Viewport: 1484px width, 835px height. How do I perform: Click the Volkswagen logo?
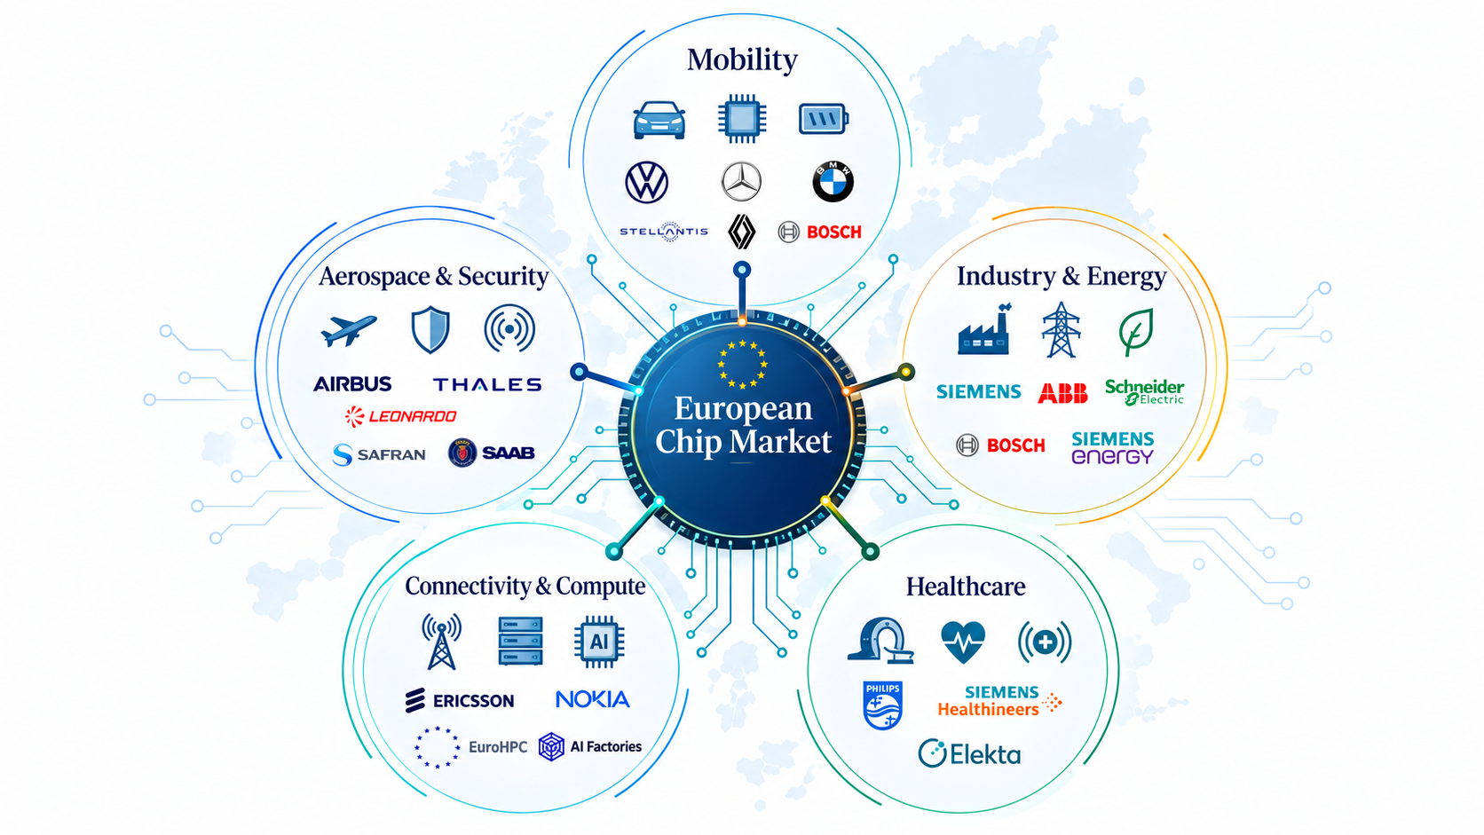(647, 182)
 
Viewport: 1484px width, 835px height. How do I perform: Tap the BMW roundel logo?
(833, 181)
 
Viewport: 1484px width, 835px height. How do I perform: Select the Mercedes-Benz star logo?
(741, 181)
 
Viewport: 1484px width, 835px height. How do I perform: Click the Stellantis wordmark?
(664, 232)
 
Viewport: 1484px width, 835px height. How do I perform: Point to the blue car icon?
(659, 120)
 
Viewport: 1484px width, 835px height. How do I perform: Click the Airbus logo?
(352, 384)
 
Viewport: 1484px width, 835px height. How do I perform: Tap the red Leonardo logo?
(401, 416)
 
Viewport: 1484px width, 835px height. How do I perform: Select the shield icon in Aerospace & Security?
(430, 329)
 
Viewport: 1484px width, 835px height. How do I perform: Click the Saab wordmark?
(509, 453)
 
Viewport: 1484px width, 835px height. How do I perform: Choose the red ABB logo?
(1062, 393)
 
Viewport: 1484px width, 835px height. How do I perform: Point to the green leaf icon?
(1136, 331)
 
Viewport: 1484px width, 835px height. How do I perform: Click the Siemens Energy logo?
(1112, 447)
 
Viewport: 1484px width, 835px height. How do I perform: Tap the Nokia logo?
(592, 699)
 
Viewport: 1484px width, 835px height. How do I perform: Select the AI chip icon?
(599, 641)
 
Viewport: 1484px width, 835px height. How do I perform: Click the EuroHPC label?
(498, 747)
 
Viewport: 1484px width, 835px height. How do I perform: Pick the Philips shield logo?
(882, 705)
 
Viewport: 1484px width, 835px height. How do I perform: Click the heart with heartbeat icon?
(963, 641)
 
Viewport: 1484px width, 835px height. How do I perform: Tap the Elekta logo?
(969, 753)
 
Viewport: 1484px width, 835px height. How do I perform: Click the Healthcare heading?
(966, 587)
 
